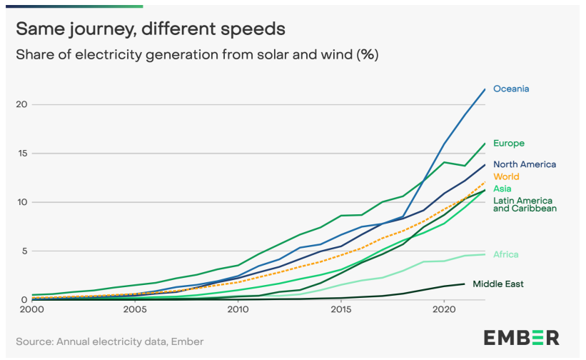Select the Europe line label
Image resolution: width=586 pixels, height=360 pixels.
pos(509,144)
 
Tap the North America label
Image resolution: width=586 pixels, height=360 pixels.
pos(525,164)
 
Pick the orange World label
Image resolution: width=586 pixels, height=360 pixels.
pos(506,176)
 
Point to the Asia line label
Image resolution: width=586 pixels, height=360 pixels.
pos(502,189)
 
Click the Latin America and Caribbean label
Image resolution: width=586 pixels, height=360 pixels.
pos(525,204)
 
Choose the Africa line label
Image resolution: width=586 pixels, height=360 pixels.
pos(506,254)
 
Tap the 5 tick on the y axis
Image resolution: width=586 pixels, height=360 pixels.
pos(24,251)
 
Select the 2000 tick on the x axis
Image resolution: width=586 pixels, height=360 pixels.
pos(31,310)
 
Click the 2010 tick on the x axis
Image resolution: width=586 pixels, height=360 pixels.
pos(238,310)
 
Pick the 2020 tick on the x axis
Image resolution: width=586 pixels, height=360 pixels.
pos(444,310)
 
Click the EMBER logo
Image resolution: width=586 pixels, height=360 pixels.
pos(522,338)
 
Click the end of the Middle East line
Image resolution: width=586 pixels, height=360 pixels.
pos(465,284)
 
